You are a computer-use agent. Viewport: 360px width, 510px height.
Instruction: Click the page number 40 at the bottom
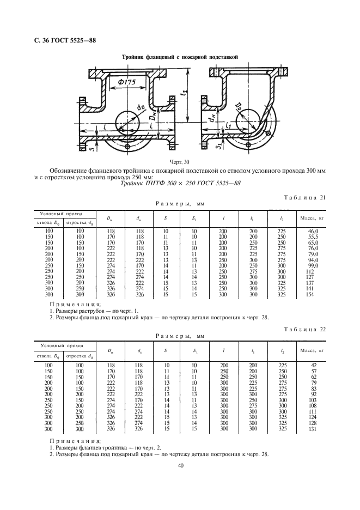coord(180,465)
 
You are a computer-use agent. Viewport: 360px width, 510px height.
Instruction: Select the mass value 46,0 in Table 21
coord(313,232)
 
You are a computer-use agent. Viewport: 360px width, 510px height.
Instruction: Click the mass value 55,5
coord(313,237)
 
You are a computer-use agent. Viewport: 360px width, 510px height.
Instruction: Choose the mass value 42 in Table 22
coord(313,365)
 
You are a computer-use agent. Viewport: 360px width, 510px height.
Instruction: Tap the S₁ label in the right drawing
coord(217,145)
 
